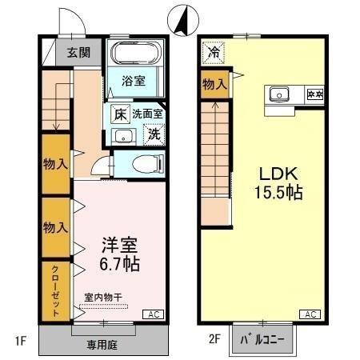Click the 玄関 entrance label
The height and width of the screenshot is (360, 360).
(78, 53)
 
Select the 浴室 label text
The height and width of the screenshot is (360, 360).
(133, 81)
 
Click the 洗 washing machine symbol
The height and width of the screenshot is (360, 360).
(152, 134)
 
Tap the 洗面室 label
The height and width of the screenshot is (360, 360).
(148, 114)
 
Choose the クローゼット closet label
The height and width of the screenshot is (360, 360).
(55, 290)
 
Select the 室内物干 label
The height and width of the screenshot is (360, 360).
(102, 298)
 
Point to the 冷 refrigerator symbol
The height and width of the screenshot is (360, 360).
(214, 52)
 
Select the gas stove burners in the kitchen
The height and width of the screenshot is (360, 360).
(314, 94)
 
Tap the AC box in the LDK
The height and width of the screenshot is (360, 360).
(312, 314)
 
